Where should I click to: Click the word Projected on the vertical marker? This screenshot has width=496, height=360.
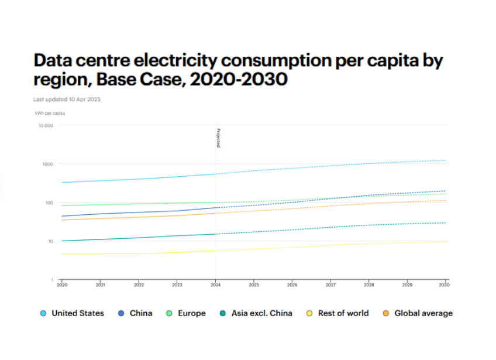coord(218,138)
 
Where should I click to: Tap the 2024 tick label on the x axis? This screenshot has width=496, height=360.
coord(215,285)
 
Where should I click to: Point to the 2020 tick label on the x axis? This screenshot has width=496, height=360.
coord(61,285)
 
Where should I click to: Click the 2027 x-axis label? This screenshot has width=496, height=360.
coord(331,285)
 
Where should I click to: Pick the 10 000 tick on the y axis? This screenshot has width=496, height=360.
coord(46,126)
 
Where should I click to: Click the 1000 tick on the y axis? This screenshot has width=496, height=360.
coord(47,164)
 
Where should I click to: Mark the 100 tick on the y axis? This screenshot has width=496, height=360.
coord(49,203)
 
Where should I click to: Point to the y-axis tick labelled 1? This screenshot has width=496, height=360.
coord(52,280)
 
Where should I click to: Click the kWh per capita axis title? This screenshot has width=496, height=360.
coord(50,113)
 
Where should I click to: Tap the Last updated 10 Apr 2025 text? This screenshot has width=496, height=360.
coord(67,100)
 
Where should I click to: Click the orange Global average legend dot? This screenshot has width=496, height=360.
coord(386,313)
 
